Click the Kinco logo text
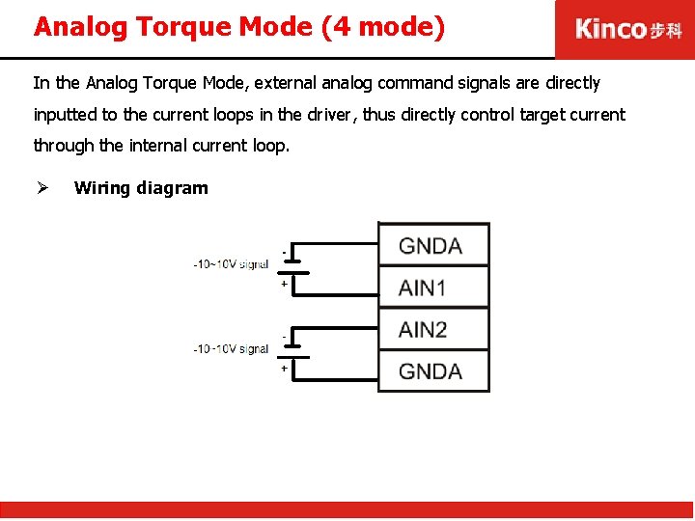pyautogui.click(x=610, y=29)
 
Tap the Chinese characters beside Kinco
pyautogui.click(x=665, y=30)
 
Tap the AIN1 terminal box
pyautogui.click(x=433, y=287)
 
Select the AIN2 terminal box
pyautogui.click(x=433, y=329)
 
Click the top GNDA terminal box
pyautogui.click(x=433, y=245)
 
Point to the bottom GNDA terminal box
pyautogui.click(x=433, y=371)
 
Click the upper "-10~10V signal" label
pyautogui.click(x=231, y=263)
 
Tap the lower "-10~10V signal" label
pyautogui.click(x=231, y=348)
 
